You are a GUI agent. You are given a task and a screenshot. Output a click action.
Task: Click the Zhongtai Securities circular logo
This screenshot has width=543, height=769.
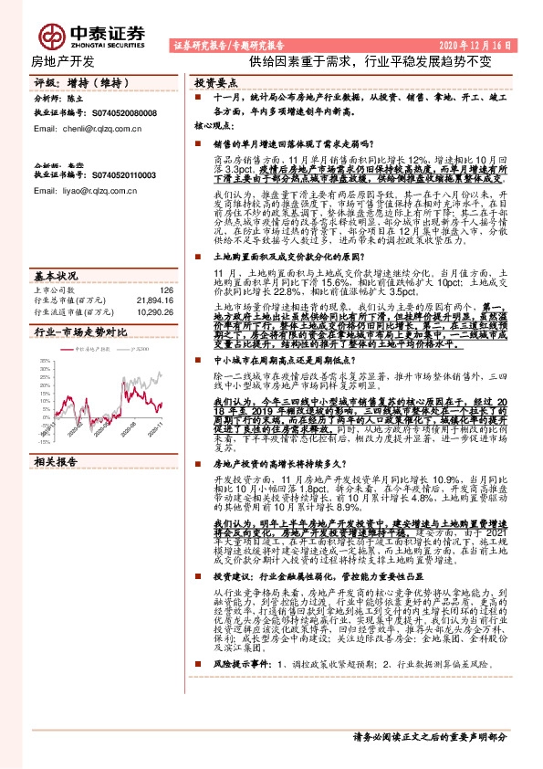click(51, 36)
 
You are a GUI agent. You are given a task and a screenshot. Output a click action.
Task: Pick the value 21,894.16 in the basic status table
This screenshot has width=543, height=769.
click(154, 300)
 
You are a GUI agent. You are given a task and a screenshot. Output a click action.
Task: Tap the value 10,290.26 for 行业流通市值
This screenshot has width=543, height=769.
click(154, 311)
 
